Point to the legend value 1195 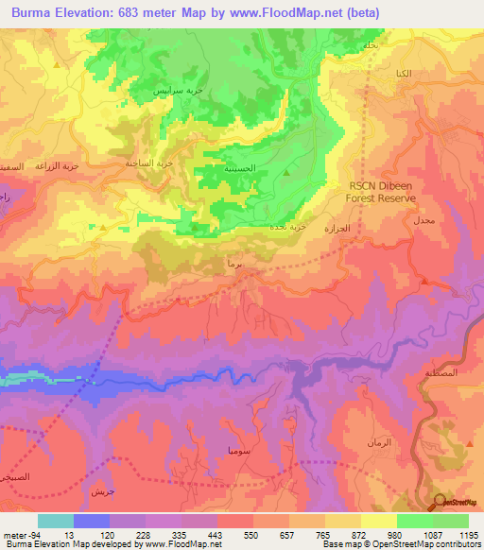(x=468, y=535)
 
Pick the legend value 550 (x=251, y=535)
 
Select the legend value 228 (x=144, y=535)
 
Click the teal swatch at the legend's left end (x=56, y=521)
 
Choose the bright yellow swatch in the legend (x=378, y=521)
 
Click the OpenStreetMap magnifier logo (x=441, y=502)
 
